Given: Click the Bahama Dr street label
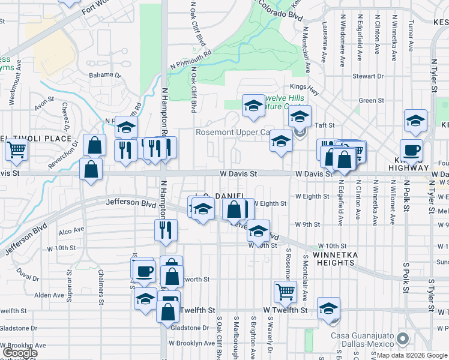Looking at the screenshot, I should (104, 76).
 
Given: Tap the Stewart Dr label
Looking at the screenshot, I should (367, 76).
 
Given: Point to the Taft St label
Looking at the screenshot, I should (340, 125).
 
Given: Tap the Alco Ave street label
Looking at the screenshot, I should (71, 231).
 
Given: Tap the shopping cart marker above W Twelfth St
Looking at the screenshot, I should (285, 292).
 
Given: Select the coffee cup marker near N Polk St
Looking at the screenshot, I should (411, 150).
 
